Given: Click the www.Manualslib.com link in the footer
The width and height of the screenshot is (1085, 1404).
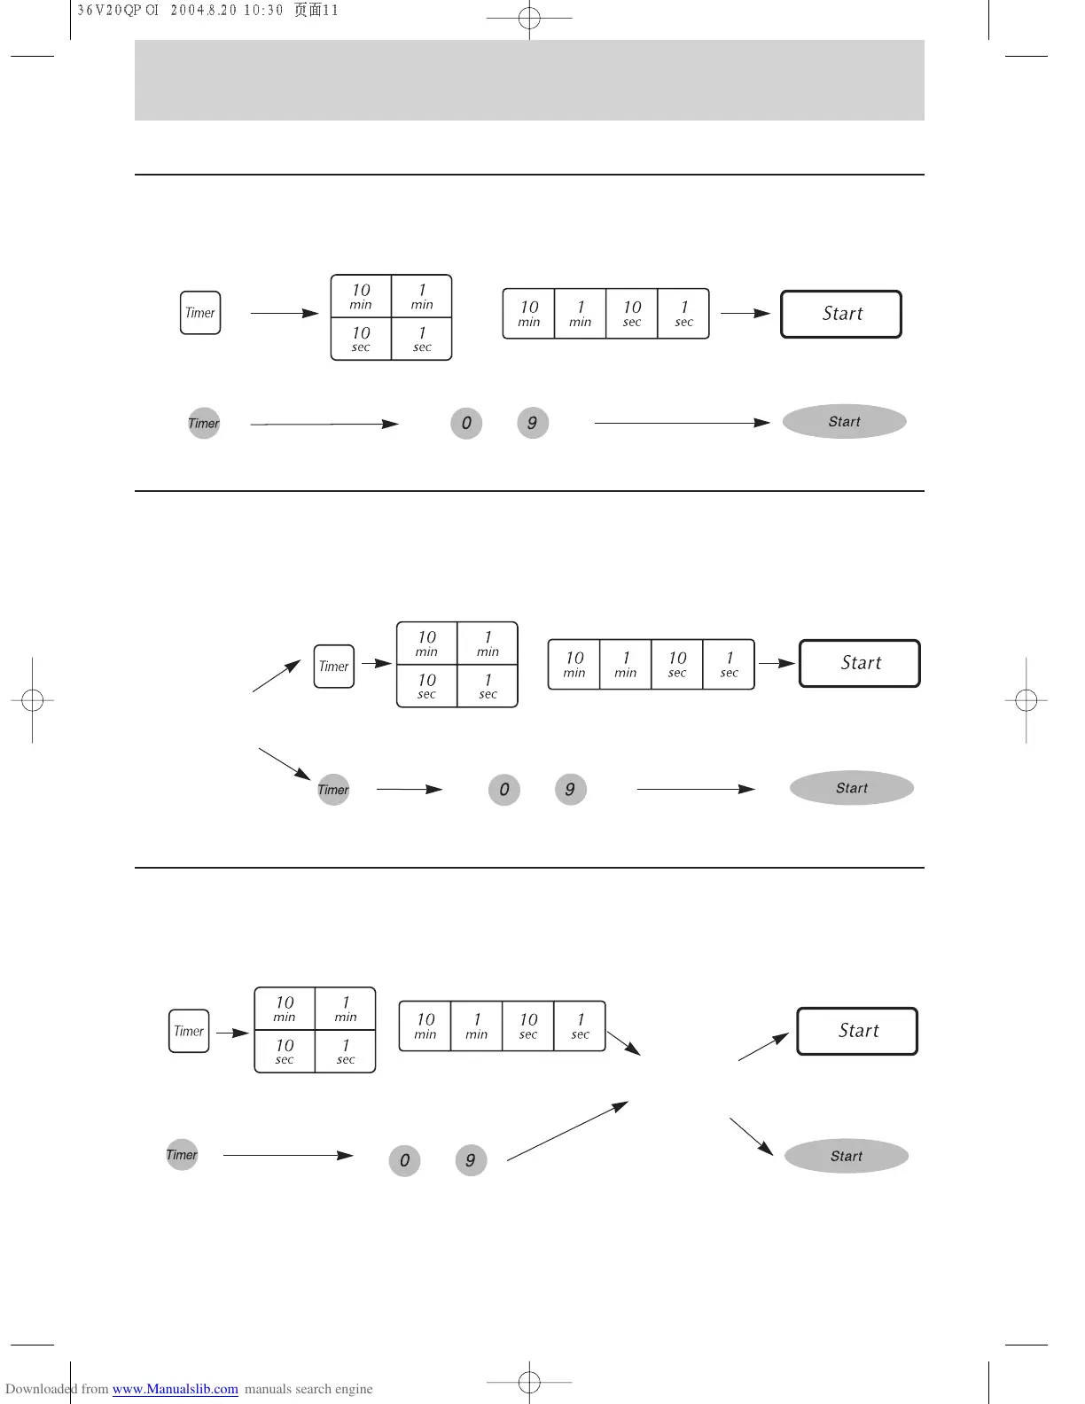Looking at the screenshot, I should pos(175,1389).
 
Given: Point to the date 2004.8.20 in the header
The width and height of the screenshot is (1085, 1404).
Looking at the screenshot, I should pos(204,11).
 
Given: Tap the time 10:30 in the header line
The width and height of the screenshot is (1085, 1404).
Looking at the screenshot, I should pos(263,11).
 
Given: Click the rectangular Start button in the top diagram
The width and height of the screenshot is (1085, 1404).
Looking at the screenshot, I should pos(840,314).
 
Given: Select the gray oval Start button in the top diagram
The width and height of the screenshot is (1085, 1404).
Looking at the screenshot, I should pos(844,422).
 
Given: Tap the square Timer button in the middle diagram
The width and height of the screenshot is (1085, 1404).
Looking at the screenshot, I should pos(334,667).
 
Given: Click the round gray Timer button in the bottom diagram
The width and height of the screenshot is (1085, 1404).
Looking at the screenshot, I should pos(182,1154).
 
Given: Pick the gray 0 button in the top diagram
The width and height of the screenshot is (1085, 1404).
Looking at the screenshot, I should pos(466,423).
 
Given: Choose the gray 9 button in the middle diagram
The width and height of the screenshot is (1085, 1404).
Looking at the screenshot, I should pos(570,789).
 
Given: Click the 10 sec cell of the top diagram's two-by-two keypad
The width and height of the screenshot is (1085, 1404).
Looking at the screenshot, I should pos(361,339).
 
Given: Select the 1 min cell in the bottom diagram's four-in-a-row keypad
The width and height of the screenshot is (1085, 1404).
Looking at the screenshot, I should pos(477,1026).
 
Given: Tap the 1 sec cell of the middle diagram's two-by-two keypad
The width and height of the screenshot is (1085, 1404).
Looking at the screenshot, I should pos(488,686).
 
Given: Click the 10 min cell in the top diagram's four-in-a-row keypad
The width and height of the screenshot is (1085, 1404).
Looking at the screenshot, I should pos(529,314).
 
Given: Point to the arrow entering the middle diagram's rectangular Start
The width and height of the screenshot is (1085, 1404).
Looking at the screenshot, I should pos(777,663).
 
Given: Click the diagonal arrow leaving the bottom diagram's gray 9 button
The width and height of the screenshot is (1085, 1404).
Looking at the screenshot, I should pos(567,1131).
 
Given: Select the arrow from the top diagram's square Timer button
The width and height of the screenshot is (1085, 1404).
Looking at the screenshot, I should pos(284,313).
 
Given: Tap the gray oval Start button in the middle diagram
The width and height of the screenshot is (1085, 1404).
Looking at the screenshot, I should pos(851,788).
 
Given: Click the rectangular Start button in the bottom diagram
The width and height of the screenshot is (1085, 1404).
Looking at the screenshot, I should pos(857,1031).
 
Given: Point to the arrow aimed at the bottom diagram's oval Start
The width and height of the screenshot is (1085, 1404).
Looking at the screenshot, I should pos(751,1136).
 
